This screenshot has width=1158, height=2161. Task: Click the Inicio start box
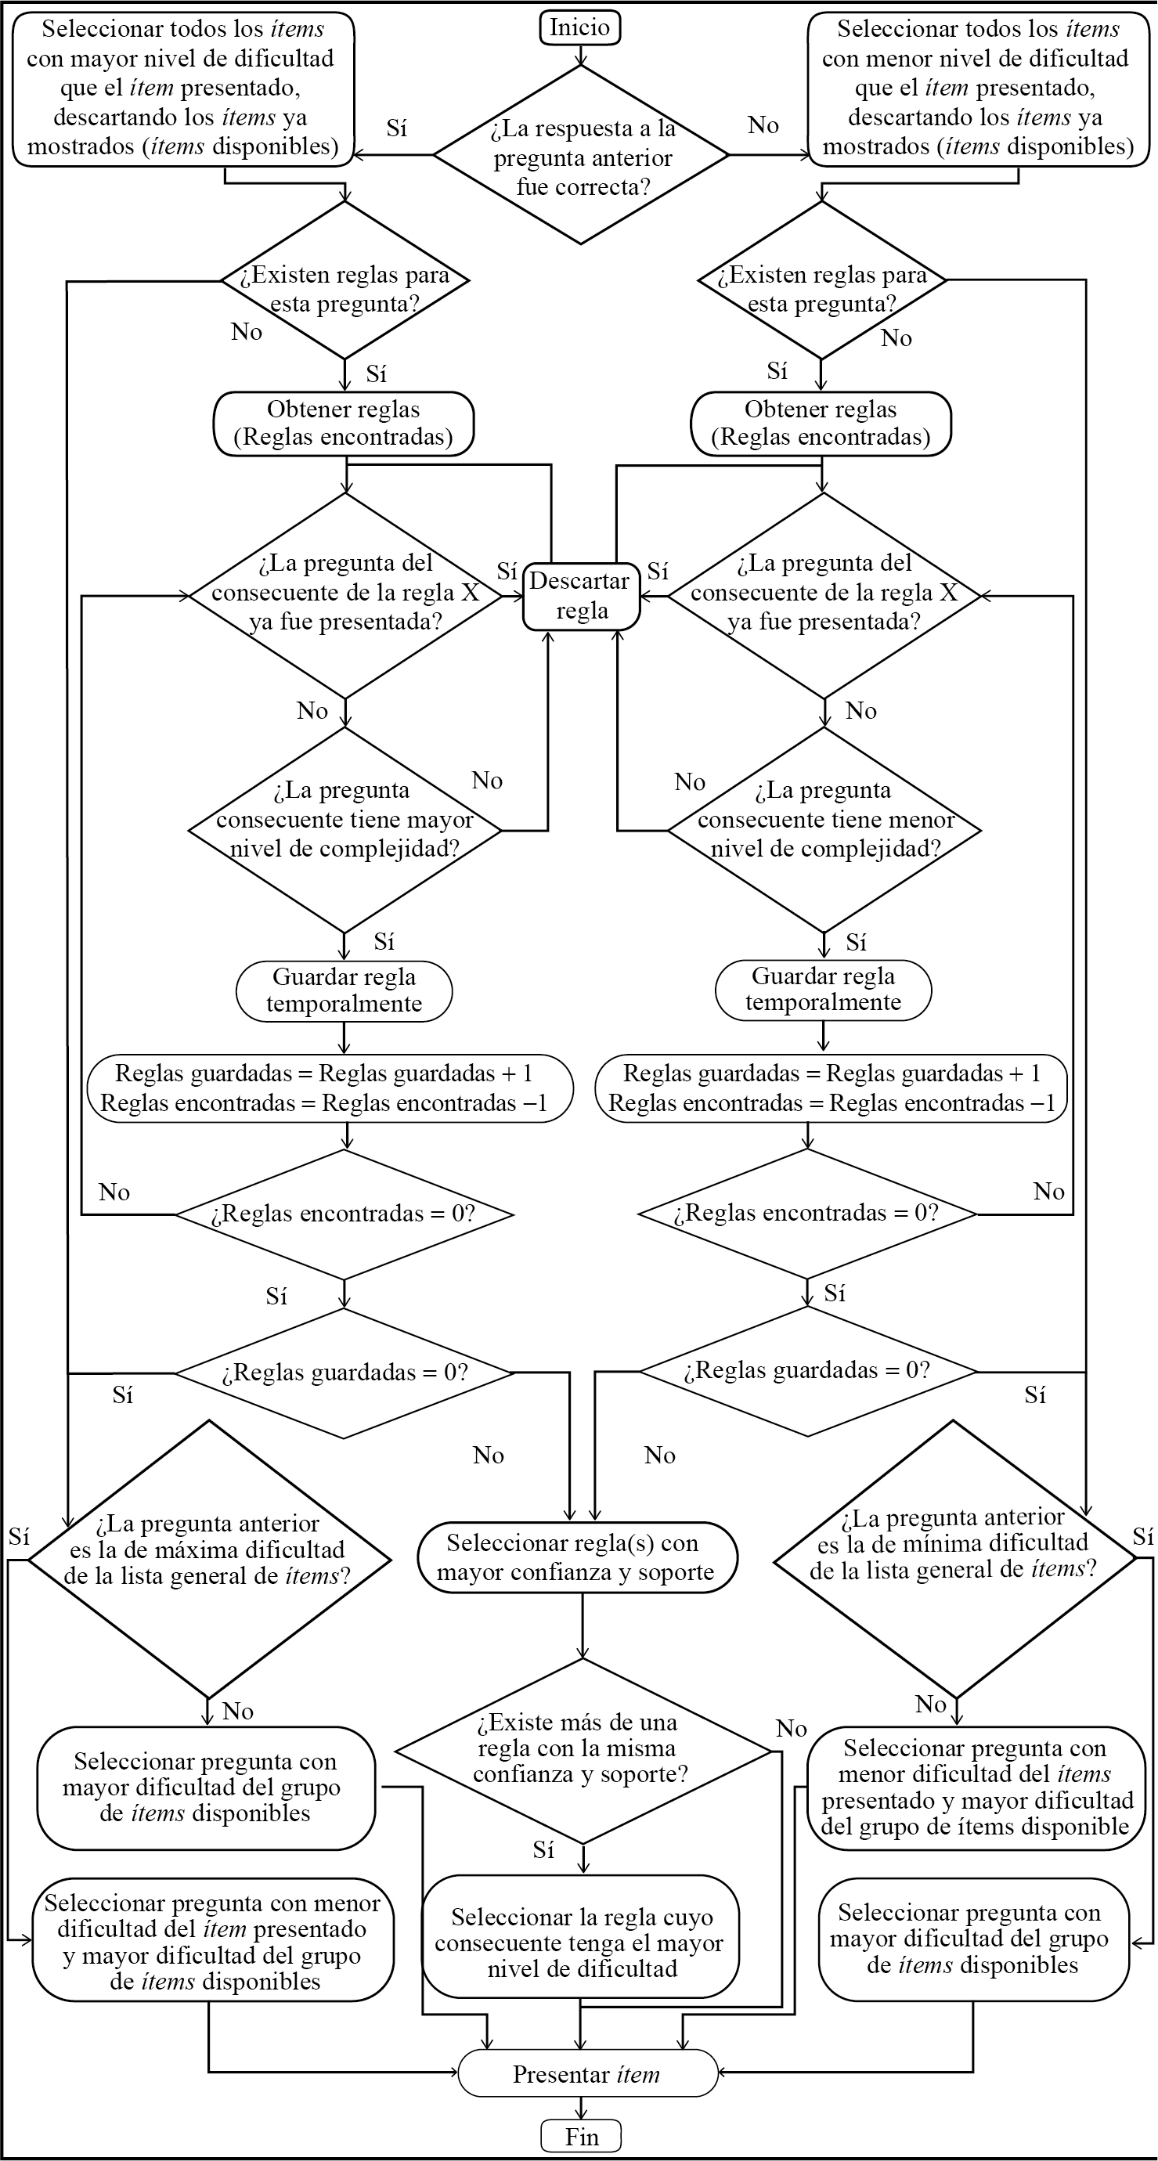[x=579, y=27]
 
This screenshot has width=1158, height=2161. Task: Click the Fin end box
[x=581, y=2136]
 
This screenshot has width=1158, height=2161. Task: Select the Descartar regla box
[x=581, y=596]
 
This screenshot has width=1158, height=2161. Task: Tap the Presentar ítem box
[x=587, y=2074]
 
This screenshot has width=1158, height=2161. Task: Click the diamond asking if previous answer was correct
[x=581, y=156]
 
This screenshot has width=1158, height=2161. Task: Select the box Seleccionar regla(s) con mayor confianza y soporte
[x=577, y=1558]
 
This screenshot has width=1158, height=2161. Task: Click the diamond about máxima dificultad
[x=208, y=1560]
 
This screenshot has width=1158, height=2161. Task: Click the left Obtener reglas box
[x=344, y=424]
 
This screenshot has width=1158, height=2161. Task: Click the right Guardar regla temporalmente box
[x=823, y=990]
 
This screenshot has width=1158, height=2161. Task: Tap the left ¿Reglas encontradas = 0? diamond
[x=344, y=1214]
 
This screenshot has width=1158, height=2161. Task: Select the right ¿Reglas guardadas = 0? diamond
[x=808, y=1371]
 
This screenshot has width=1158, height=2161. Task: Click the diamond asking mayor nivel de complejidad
[x=344, y=829]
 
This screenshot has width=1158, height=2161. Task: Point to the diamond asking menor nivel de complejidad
[x=824, y=829]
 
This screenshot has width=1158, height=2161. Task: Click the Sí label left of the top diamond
[x=397, y=128]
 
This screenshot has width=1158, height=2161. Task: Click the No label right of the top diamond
[x=763, y=125]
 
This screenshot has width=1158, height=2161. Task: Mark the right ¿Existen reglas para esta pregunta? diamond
[x=822, y=280]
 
